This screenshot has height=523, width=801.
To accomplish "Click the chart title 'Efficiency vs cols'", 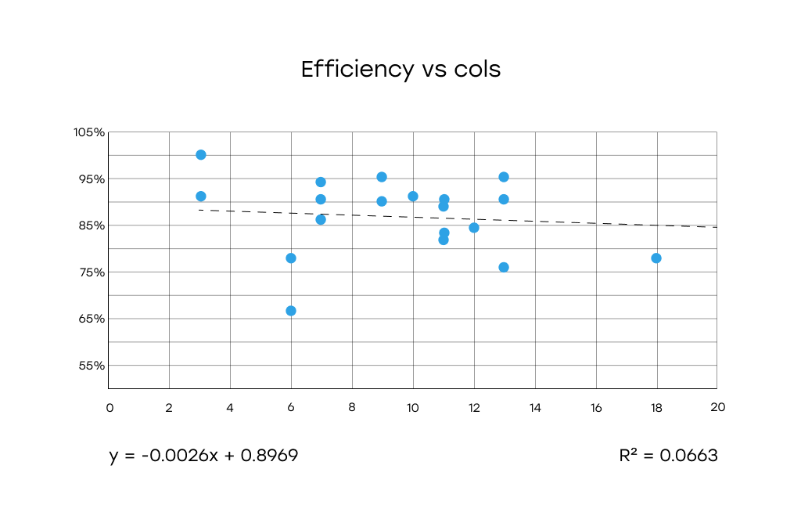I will tap(400, 70).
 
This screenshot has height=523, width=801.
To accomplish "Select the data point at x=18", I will tap(656, 258).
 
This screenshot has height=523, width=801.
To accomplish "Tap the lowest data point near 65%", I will tap(291, 311).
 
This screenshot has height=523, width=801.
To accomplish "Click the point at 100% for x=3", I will tap(201, 155).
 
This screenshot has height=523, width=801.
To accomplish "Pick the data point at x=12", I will tap(474, 228).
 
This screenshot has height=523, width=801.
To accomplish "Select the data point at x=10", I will tap(413, 197).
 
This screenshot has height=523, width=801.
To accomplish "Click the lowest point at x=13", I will tap(504, 267).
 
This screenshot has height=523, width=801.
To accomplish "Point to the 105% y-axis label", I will tap(89, 132).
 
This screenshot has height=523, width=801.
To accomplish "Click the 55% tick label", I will tap(92, 366).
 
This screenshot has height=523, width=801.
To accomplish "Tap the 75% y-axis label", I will tap(92, 272).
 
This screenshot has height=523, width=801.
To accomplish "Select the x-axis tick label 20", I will tap(717, 407).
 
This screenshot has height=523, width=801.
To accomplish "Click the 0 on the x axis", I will tap(110, 407).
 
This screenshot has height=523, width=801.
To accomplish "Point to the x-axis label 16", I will tap(596, 407).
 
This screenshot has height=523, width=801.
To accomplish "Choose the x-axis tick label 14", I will tap(535, 407).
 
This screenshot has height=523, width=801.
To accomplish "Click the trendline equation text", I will tap(203, 456).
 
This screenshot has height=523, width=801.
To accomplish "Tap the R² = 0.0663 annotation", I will tap(668, 456).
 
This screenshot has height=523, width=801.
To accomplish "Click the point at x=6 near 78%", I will tap(291, 258).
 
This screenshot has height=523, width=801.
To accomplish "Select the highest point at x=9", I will tap(382, 177).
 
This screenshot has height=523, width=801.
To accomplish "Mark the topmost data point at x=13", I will tap(504, 177).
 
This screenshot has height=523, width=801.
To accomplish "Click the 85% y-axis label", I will tap(92, 225).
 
